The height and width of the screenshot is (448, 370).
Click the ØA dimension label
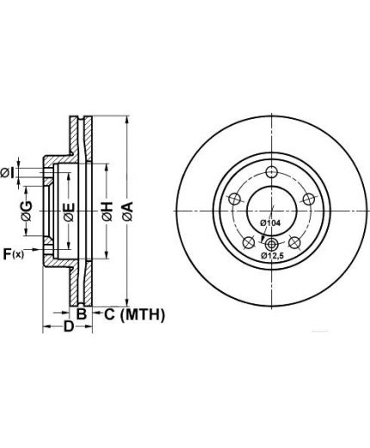pos(127,211)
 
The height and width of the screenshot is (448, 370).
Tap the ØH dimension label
pos(107,212)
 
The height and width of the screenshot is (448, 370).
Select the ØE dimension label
pos(70,212)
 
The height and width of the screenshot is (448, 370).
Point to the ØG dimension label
pos(27,211)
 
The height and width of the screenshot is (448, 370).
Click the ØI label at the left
pos(7,173)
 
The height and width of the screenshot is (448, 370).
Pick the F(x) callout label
pos(13,254)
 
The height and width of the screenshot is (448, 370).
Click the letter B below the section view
pos(82,314)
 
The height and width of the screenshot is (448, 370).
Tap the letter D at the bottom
pos(69,327)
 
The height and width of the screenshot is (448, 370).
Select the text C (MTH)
pos(134,314)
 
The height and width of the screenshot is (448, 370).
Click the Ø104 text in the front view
pos(270,222)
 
